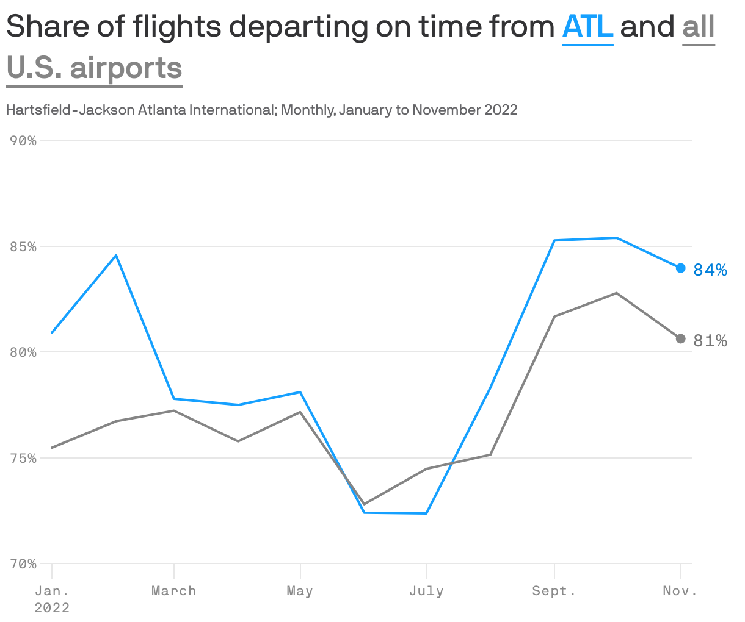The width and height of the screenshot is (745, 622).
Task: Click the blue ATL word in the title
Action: [587, 27]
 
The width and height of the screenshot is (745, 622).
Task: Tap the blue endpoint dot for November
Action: [681, 268]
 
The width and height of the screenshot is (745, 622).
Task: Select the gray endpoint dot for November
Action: [681, 338]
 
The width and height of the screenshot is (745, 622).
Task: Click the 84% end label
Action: [710, 270]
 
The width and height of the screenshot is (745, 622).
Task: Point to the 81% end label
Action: [710, 341]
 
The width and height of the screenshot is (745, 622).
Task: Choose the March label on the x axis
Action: [174, 591]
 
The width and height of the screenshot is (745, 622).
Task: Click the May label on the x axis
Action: [300, 591]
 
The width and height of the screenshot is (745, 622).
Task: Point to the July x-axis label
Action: [426, 591]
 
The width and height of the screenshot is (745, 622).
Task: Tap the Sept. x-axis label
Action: [554, 591]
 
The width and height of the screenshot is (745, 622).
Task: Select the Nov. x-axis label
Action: [680, 591]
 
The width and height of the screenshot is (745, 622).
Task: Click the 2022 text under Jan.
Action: [52, 608]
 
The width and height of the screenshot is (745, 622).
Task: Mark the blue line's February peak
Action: [116, 255]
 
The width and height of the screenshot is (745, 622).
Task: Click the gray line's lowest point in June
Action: [364, 504]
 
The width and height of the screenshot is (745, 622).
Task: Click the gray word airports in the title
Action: [126, 68]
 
